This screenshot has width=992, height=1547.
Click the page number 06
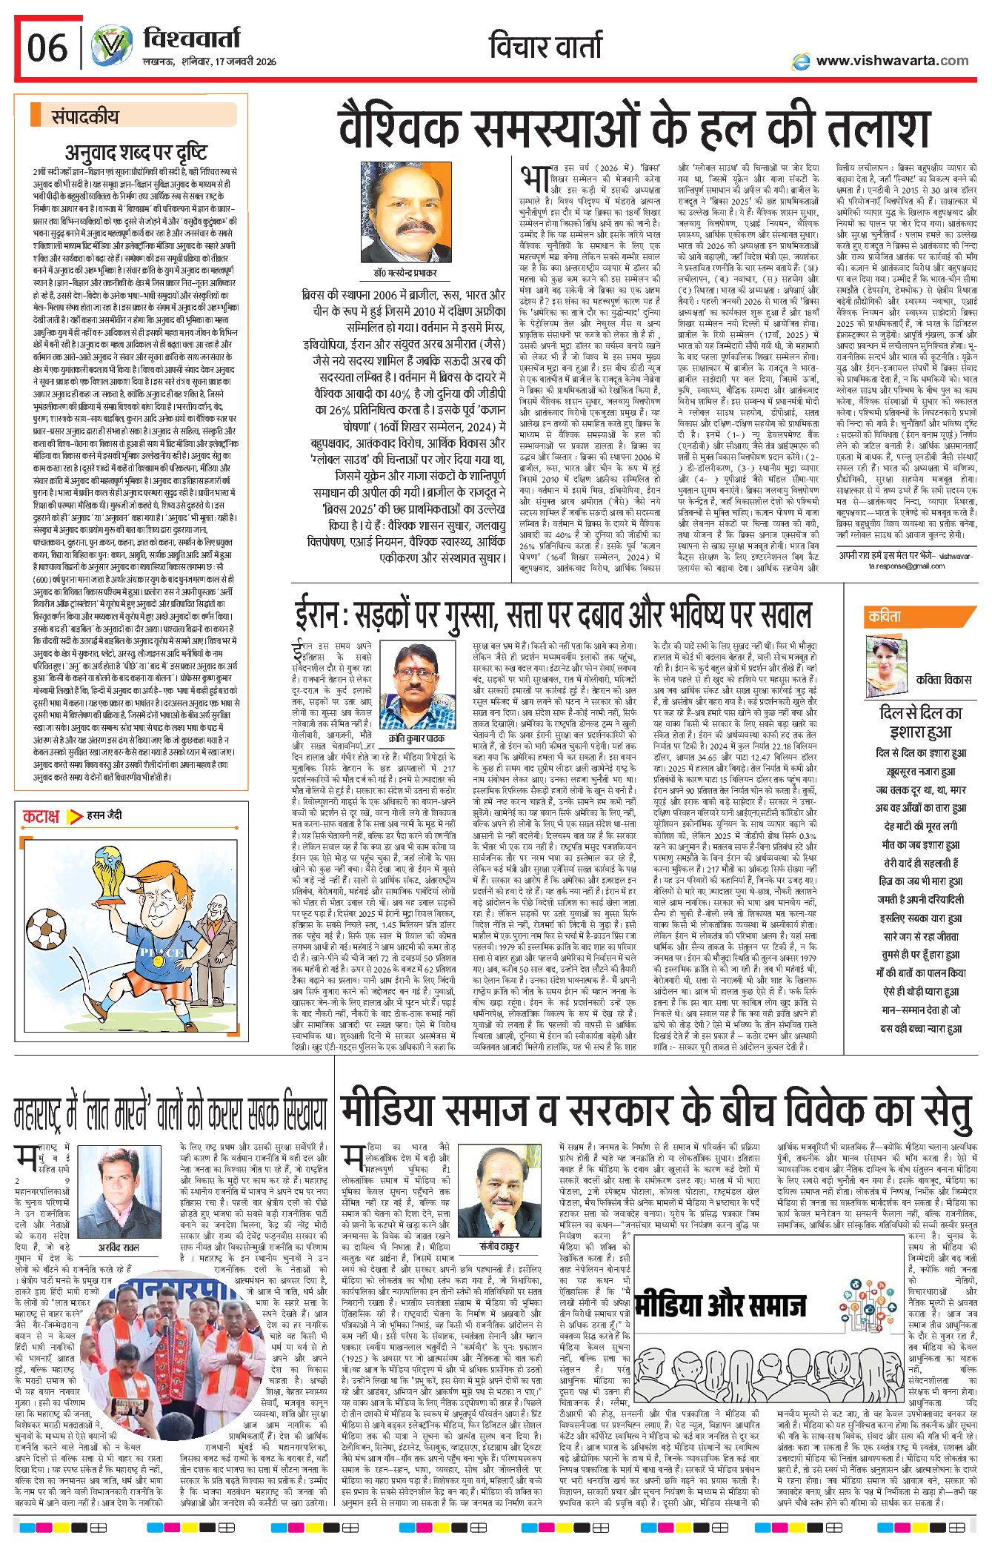tap(47, 48)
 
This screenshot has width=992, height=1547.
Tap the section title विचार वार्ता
tap(545, 47)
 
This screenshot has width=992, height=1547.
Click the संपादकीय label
tap(84, 116)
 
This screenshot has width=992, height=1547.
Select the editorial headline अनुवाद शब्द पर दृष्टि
tap(136, 153)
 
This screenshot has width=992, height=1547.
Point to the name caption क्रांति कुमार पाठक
tap(416, 718)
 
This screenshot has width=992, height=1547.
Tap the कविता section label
tap(885, 616)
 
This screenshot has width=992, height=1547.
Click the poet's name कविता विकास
tap(943, 679)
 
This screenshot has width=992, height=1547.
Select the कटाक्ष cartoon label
tap(41, 816)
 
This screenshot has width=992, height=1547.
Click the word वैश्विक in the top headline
tap(401, 128)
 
